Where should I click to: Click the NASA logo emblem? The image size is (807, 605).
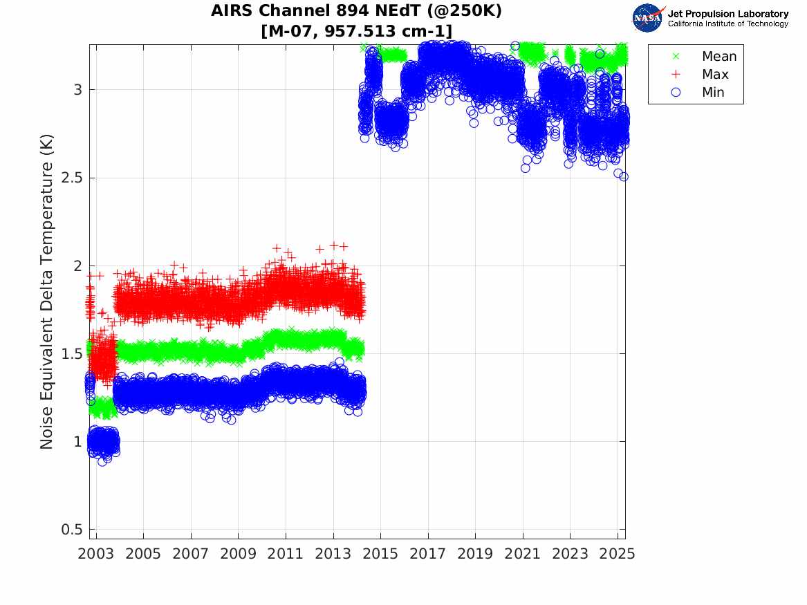coord(647,18)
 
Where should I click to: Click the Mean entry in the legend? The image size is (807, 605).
coord(718,57)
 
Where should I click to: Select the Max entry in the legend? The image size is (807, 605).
coord(715,74)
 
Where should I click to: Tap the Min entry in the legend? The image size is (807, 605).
coord(713,92)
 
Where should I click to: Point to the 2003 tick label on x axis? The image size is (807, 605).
coord(96,554)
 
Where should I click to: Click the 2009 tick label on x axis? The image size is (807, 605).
coord(238,554)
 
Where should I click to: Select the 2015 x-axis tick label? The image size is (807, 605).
coord(380,554)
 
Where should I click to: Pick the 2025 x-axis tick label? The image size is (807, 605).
coord(618,554)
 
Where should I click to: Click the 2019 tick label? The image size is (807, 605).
coord(475,554)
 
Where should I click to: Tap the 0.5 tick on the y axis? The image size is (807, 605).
coord(72,530)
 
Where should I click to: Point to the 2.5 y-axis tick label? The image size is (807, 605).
coord(72,178)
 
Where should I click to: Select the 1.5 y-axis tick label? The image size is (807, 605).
coord(72,354)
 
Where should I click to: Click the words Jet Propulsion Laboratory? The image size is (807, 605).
coord(727,14)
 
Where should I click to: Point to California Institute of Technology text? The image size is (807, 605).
coord(727,24)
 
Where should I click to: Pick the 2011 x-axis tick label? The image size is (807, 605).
coord(286,554)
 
